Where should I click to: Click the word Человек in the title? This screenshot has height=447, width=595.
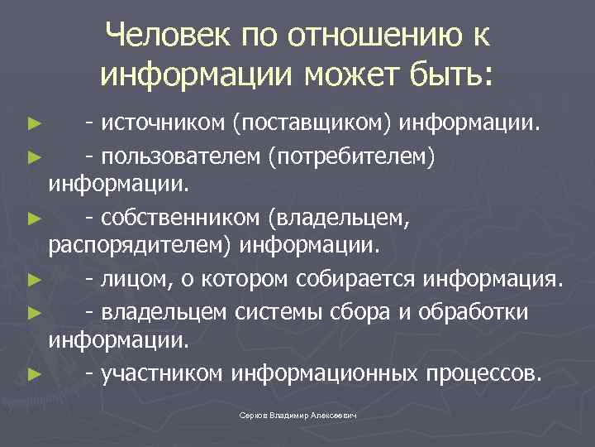[x=172, y=36]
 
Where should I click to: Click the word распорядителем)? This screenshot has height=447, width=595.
[x=140, y=246]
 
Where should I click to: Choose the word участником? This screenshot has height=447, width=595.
[x=162, y=373]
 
